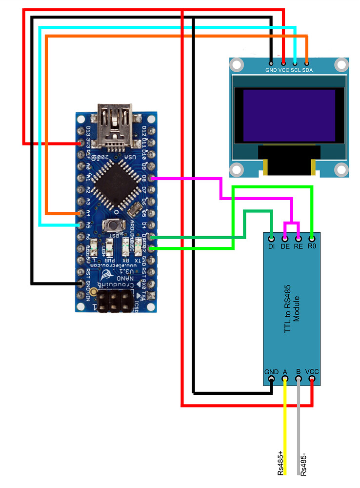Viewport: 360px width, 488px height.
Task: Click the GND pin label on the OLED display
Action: click(x=271, y=70)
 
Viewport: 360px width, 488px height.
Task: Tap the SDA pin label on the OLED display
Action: click(x=307, y=70)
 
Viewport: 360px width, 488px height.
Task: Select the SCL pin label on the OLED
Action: click(x=295, y=70)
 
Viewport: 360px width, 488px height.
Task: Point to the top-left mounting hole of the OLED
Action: click(x=237, y=64)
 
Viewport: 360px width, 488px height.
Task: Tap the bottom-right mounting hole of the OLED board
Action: click(x=341, y=169)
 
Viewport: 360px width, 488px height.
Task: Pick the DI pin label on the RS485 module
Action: click(x=271, y=246)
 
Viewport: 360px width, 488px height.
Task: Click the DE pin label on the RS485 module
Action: click(x=285, y=246)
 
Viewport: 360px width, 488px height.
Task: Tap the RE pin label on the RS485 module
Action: click(x=299, y=246)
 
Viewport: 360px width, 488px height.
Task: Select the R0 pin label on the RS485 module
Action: click(x=312, y=246)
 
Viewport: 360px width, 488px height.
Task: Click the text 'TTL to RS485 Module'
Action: click(x=292, y=309)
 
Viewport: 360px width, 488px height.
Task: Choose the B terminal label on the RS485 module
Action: click(x=299, y=372)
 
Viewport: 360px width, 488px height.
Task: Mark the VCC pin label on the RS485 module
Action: click(x=312, y=372)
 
